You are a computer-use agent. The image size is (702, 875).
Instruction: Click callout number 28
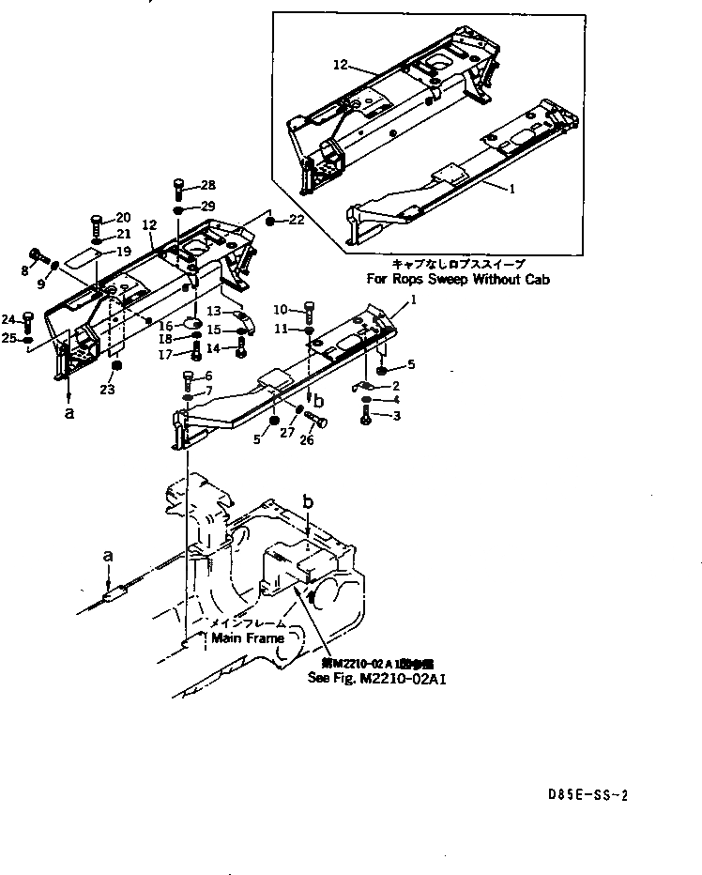[207, 185]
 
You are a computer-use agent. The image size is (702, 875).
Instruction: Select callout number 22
[297, 220]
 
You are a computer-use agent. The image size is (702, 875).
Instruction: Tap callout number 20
[123, 217]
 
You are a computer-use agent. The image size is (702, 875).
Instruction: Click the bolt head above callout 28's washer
[178, 184]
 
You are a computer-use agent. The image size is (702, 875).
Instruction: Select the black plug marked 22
[269, 221]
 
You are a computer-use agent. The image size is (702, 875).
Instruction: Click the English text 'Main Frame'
[247, 637]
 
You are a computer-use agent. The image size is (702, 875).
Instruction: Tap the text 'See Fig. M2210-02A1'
[376, 677]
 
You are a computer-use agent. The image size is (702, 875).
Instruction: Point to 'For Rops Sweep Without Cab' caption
[458, 279]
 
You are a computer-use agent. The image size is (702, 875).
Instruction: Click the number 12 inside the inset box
[340, 65]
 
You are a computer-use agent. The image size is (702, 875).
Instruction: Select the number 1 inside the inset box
[511, 189]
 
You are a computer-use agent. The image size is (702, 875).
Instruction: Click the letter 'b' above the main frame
[309, 504]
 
